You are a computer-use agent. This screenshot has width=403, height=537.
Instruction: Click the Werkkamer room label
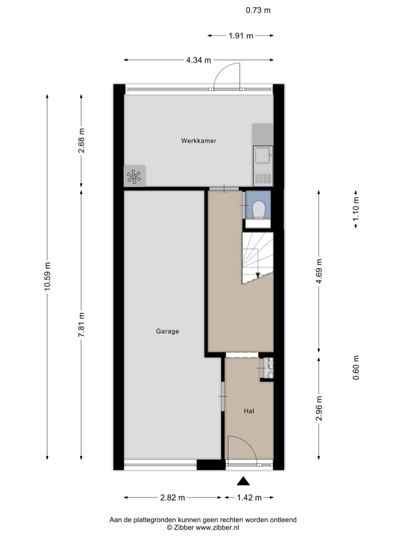[x=199, y=141]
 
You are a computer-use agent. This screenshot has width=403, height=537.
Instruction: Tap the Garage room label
[x=167, y=331]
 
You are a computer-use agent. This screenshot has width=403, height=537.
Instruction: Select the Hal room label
[x=249, y=411]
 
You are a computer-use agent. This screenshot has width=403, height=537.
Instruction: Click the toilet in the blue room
[x=258, y=210]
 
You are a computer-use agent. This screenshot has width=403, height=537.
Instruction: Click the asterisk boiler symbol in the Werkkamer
[x=134, y=177]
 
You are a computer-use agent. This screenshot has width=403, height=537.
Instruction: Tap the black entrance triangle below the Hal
[x=243, y=481]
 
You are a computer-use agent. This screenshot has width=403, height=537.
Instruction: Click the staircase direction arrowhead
[x=258, y=275]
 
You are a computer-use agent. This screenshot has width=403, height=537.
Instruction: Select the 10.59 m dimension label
[x=47, y=276]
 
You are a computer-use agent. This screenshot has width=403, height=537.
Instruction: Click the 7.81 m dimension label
[x=81, y=324]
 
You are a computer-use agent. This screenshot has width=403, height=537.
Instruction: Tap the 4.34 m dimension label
[x=199, y=60]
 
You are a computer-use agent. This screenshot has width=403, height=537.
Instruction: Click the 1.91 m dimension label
[x=241, y=36]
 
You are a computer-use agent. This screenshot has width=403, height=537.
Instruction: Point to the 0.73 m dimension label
[x=258, y=10]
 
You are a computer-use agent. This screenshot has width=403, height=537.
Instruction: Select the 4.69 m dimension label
[x=319, y=271]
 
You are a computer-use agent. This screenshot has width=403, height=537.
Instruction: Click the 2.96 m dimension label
[x=319, y=409]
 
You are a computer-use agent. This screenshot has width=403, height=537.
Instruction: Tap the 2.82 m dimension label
[x=172, y=498]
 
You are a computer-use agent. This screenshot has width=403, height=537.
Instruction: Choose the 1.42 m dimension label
[x=249, y=498]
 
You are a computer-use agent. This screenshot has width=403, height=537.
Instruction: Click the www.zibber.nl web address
[x=217, y=528]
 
